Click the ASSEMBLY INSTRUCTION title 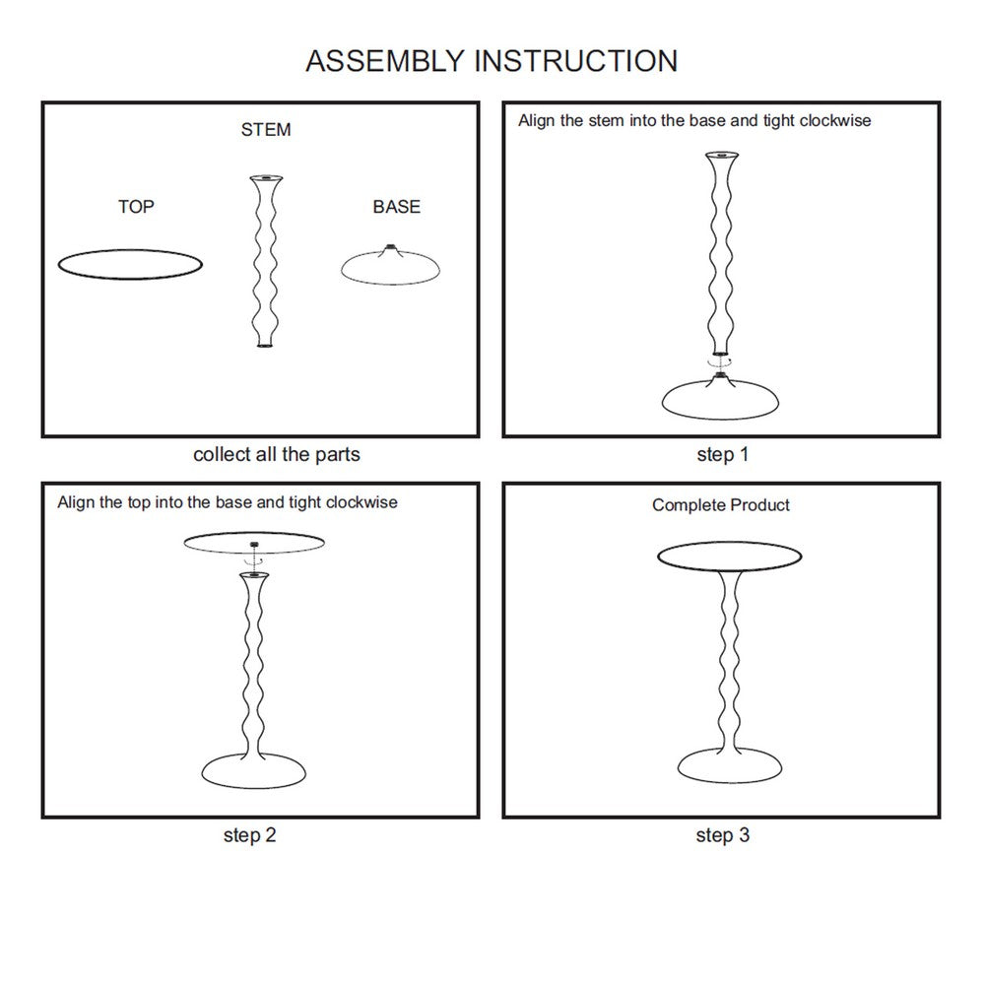[492, 60]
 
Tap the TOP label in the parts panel [136, 207]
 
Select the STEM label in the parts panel [266, 130]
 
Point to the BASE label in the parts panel [396, 207]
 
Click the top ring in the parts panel [131, 264]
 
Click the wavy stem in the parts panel [263, 261]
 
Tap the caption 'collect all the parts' [277, 455]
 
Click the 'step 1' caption [723, 455]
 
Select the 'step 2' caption [249, 836]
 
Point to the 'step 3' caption [723, 836]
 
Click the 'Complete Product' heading [721, 505]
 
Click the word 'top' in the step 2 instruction [139, 502]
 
